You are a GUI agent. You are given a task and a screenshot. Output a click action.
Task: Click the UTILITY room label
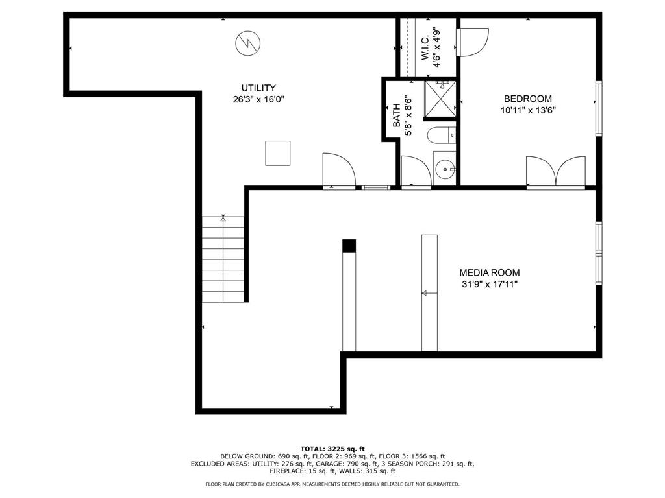coord(258,88)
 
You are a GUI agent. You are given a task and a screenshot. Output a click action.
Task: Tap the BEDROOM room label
coord(528,99)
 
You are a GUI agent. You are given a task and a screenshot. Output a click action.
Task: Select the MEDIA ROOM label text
coord(489,273)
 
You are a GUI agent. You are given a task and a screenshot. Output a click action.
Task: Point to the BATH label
coord(396,116)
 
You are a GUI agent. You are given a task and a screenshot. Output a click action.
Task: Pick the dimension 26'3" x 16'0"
coord(258,99)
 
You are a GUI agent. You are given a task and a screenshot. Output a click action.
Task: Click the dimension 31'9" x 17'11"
coord(489,284)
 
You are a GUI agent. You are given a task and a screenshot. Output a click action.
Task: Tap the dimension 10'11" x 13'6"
coord(528,110)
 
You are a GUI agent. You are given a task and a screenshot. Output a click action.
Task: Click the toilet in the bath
coord(441,135)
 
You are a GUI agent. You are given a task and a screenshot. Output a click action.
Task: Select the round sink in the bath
coord(444,171)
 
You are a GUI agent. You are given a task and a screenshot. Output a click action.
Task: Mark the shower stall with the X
coord(440,98)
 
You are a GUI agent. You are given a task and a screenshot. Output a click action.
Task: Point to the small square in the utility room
coord(277,153)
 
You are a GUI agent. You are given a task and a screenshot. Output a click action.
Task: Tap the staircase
coord(223,259)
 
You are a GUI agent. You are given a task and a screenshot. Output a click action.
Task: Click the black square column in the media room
coord(349,246)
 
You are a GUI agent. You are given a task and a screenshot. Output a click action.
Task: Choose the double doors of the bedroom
coord(555,172)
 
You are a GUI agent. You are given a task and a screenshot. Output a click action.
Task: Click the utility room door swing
coord(338,171)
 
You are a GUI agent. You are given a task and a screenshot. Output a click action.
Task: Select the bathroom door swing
coord(416,172)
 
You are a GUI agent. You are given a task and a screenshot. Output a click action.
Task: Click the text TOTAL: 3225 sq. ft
coord(332,449)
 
